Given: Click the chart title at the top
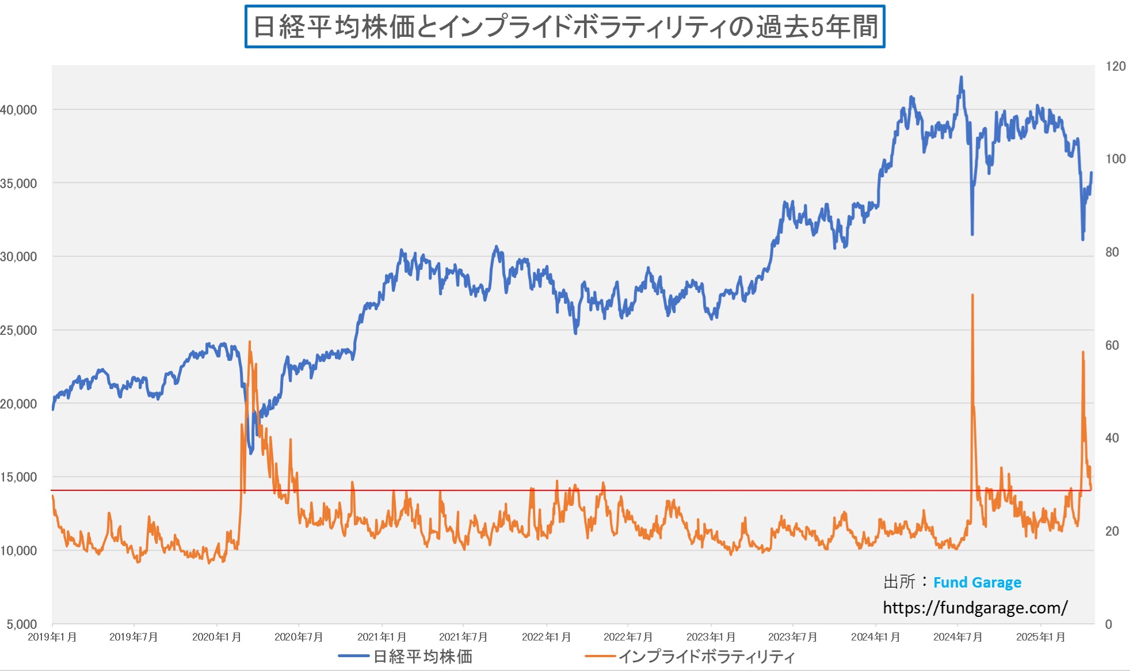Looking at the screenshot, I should coord(564,26).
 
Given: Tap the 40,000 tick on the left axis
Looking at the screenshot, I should coord(18,110).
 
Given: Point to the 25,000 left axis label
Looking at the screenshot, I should coord(18,330).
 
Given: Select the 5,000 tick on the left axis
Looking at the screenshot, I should coord(22,624).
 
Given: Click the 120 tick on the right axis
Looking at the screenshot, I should coord(1115,66).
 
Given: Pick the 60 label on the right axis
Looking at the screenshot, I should coord(1112,345).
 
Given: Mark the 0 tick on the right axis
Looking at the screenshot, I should coord(1108,624).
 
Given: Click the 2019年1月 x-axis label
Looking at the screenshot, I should coord(52,637).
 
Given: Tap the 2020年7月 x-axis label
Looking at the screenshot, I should coord(299,637).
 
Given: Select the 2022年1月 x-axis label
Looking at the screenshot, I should coord(546,637).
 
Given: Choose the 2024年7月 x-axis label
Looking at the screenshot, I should coord(957,637).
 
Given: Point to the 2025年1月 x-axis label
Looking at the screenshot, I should coord(1040,637).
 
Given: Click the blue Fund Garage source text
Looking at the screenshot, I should coord(977,582).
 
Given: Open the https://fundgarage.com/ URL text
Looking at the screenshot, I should coord(975,608).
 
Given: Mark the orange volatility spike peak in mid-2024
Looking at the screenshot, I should coord(972,295).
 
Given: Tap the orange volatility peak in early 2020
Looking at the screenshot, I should coord(250,342).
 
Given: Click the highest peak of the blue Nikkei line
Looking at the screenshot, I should coord(961,77).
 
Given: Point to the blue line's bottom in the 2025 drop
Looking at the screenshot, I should coord(1083,239).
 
